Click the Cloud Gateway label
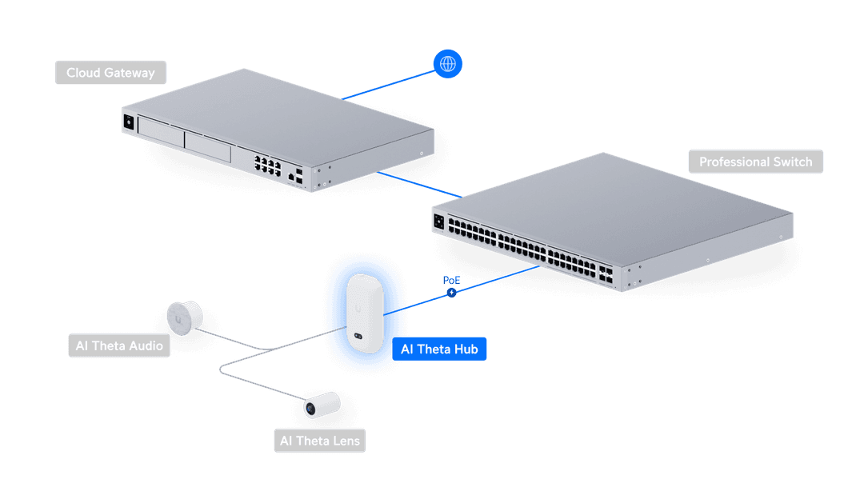tap(110, 73)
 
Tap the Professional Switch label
tap(755, 162)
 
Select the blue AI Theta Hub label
tap(440, 349)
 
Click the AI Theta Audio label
tap(119, 345)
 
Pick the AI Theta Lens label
tap(319, 441)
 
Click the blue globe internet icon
tap(448, 65)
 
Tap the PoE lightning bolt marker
tap(452, 293)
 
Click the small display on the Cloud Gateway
tap(127, 122)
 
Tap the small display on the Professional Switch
tap(438, 222)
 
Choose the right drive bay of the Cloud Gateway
tap(208, 146)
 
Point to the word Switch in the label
tap(793, 162)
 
